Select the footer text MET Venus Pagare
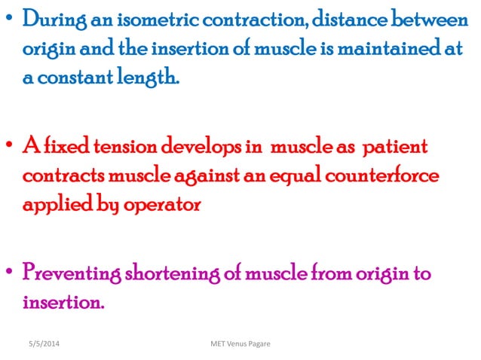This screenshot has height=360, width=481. pyautogui.click(x=240, y=344)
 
